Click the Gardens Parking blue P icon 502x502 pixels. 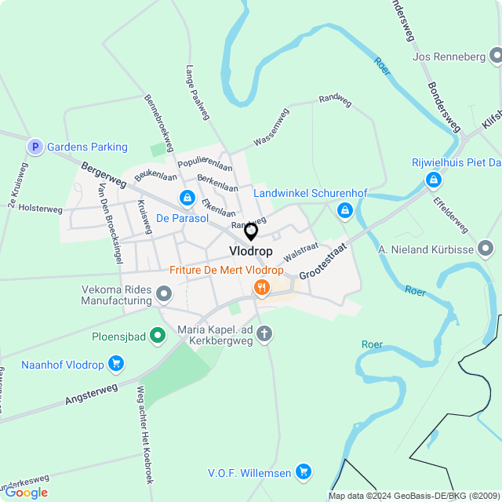coord(35,147)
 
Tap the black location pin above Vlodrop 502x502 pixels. coord(251,231)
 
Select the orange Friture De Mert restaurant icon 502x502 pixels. coord(261,289)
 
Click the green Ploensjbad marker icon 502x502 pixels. coord(158,336)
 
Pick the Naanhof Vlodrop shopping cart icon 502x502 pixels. coord(116,363)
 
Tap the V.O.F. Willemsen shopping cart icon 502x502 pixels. coord(304,472)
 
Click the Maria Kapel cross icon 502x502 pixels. coord(265,335)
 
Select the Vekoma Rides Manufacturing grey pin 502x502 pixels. coord(164,294)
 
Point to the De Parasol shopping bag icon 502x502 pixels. coord(187,198)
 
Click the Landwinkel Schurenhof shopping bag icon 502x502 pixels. coord(344,210)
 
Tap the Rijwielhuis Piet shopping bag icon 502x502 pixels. coord(432,180)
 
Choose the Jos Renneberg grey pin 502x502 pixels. coord(495,56)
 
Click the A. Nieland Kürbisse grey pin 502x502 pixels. coord(486,249)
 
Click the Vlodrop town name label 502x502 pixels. coord(251,251)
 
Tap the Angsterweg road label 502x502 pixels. coord(92,395)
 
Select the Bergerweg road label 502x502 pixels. coord(103,175)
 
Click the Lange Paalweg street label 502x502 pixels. coord(198,92)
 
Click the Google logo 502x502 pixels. coord(26,493)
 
